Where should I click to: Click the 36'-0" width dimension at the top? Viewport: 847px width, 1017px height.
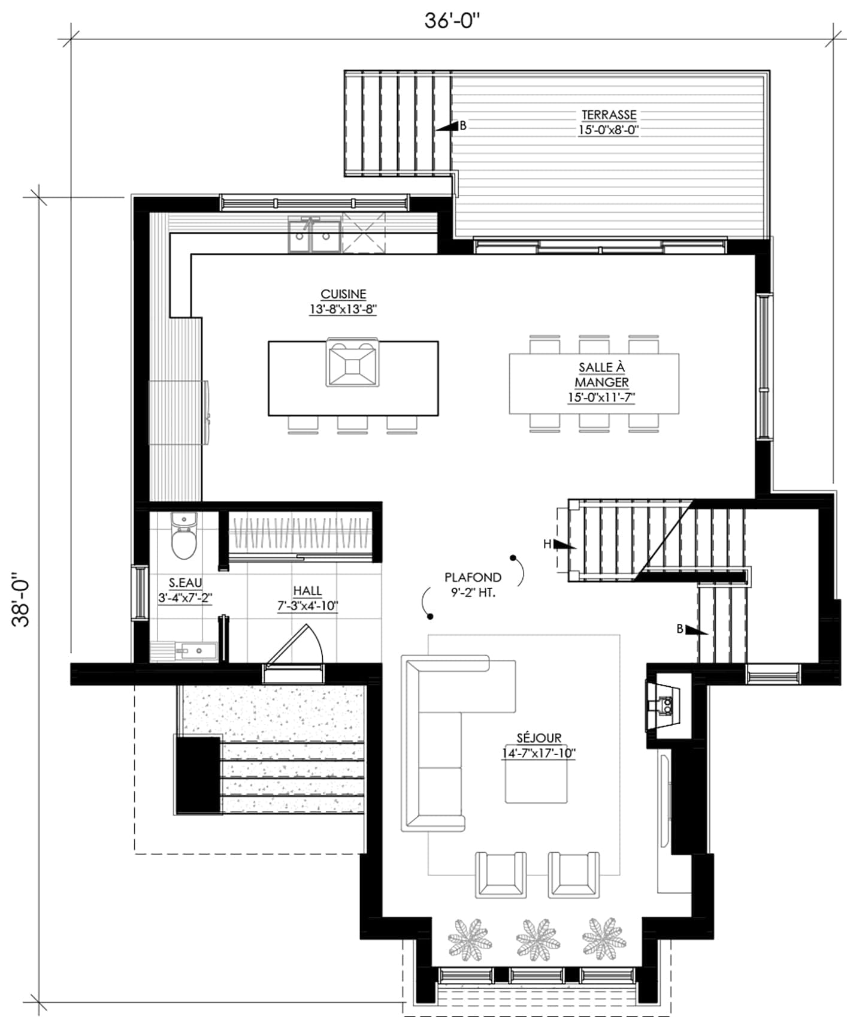(x=452, y=20)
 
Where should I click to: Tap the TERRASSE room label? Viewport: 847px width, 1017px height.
(x=609, y=114)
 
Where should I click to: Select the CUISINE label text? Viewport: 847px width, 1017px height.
(x=343, y=294)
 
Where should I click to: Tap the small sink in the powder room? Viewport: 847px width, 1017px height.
(x=195, y=650)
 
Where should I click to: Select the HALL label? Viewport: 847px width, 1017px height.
(x=307, y=591)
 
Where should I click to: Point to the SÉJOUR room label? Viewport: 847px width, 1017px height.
(x=539, y=738)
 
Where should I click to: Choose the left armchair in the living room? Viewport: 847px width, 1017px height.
(x=501, y=874)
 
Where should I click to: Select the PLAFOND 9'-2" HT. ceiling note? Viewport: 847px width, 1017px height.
(x=473, y=586)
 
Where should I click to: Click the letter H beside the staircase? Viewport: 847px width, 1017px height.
(x=547, y=544)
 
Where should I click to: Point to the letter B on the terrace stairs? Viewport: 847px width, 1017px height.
(x=462, y=126)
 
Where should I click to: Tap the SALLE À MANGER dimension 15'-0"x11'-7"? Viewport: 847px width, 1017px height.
(x=601, y=397)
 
